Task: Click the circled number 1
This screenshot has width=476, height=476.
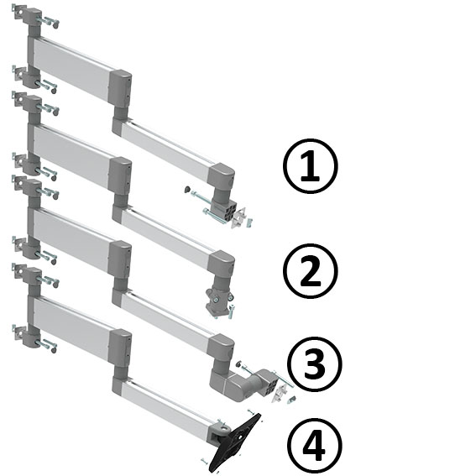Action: coord(311,166)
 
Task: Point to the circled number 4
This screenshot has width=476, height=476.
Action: coord(314,445)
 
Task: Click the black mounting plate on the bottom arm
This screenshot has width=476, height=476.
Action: coord(236,441)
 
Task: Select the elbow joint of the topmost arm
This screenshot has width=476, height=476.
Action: coord(121,88)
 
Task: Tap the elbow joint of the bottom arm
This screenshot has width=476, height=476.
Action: coord(119,344)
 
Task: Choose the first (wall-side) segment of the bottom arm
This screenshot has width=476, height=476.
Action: coord(72,319)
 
